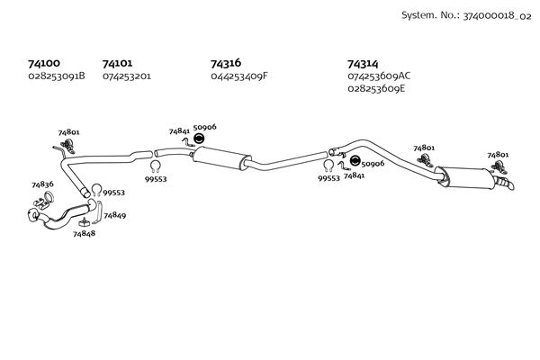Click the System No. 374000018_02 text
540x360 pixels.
(466, 15)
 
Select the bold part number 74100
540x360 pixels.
(44, 63)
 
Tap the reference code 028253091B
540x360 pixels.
(57, 76)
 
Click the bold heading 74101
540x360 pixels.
(117, 63)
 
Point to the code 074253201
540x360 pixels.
(127, 76)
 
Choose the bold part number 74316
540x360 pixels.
(226, 63)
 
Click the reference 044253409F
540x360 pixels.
(239, 76)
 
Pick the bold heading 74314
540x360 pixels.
(363, 64)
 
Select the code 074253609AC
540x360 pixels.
(379, 76)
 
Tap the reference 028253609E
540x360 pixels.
(376, 88)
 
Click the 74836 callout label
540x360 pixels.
(42, 184)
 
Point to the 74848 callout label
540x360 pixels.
(84, 234)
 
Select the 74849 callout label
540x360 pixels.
(114, 215)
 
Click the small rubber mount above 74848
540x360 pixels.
(84, 222)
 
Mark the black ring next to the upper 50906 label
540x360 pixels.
(199, 139)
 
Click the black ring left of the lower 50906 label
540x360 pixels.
(355, 160)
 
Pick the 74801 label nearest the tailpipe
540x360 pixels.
(498, 155)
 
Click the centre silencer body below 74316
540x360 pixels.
(221, 158)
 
